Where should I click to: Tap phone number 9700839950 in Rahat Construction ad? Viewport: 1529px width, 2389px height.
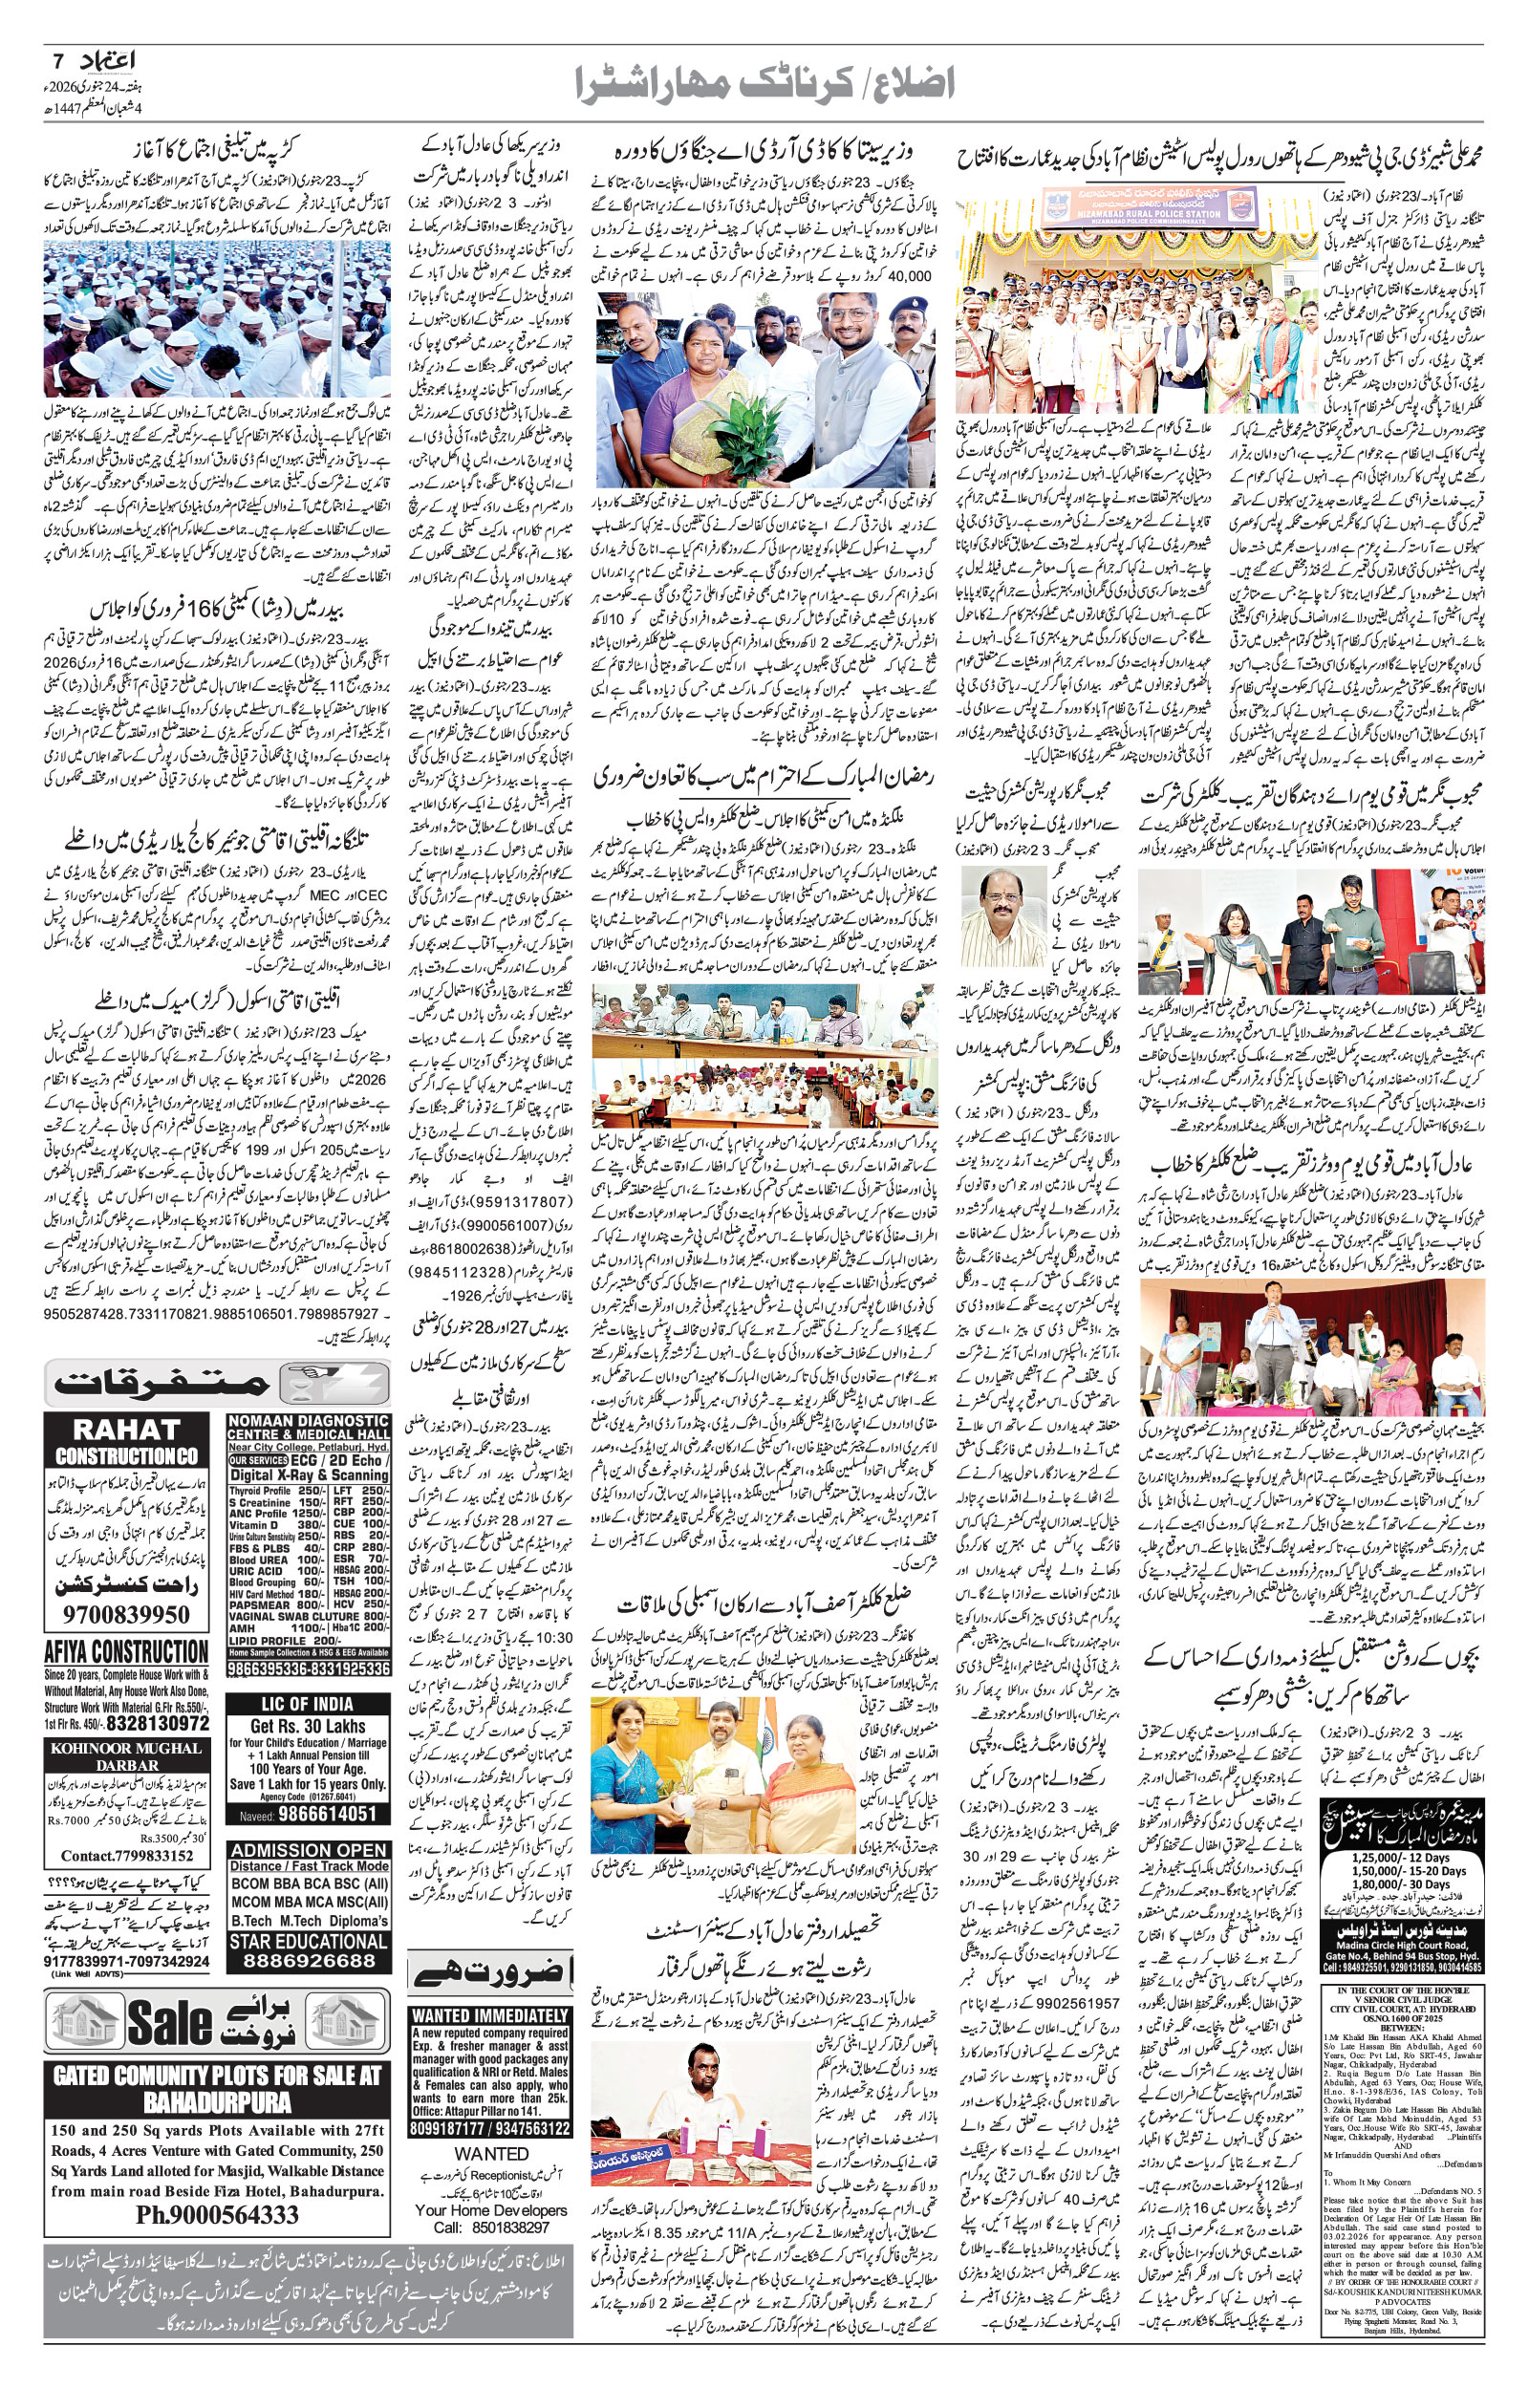pos(127,1615)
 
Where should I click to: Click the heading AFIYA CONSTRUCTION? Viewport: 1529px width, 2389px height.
pos(127,1651)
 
